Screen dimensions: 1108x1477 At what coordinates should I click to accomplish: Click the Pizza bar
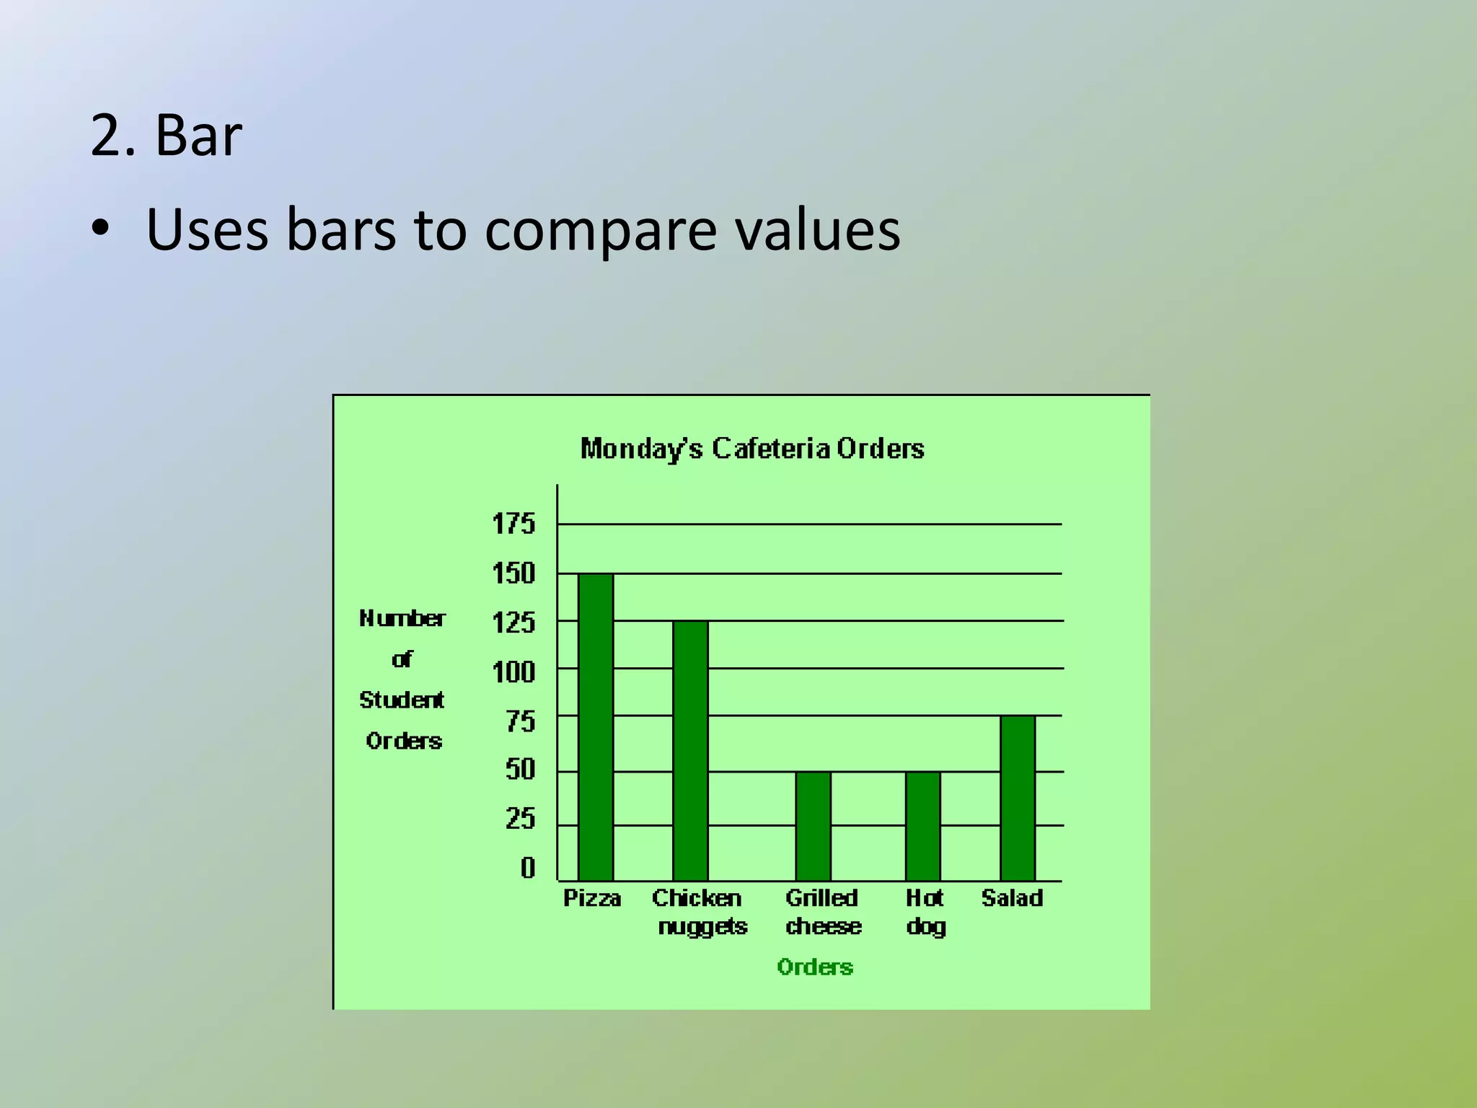click(596, 727)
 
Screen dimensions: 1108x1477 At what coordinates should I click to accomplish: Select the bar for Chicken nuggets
click(690, 750)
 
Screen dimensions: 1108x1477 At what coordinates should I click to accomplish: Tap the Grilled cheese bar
click(813, 826)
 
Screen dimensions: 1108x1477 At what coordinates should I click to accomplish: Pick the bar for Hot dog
click(923, 826)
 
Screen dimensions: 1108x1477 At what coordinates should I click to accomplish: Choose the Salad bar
click(1018, 798)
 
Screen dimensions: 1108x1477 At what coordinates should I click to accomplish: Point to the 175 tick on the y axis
click(513, 524)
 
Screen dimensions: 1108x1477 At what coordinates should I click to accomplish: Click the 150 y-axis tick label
click(513, 573)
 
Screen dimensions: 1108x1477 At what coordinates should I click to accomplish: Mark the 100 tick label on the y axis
click(513, 672)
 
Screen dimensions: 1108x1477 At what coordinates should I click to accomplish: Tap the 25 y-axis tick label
click(520, 819)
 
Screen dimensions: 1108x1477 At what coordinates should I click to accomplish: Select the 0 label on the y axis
click(528, 868)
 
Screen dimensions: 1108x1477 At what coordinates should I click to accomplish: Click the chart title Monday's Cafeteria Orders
click(752, 449)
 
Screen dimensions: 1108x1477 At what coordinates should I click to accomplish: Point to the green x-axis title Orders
click(815, 967)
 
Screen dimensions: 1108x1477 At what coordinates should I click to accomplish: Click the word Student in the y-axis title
click(402, 700)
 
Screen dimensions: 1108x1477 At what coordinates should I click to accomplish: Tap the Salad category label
click(1012, 898)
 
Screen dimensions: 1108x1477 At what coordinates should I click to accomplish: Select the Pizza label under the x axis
click(592, 898)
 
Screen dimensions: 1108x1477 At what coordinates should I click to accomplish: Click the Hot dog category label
click(925, 912)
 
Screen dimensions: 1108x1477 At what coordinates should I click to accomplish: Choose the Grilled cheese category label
click(823, 912)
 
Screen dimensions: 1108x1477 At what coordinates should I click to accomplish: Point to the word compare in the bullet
click(600, 231)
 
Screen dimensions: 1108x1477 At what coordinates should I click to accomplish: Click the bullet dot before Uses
click(100, 229)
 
